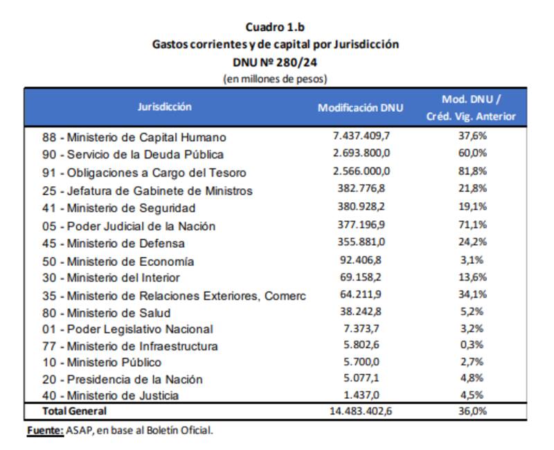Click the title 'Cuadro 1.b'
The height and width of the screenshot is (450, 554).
point(275,27)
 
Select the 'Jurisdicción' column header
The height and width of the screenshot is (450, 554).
point(164,107)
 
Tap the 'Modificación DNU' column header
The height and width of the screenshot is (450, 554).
point(360,108)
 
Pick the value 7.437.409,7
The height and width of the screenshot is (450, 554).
point(361,136)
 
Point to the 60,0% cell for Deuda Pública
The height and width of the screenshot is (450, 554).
point(472,153)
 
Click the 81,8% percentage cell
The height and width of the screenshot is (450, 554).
point(472,171)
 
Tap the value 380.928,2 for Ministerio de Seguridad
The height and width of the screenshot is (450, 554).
point(361,207)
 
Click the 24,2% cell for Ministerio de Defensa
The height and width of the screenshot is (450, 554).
point(472,242)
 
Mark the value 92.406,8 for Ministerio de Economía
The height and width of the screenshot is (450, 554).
point(361,260)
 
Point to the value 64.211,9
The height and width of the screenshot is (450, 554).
point(361,294)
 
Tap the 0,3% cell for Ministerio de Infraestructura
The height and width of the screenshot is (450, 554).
point(472,345)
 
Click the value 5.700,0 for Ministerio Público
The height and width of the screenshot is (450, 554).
point(361,361)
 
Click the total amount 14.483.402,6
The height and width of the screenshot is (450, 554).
point(361,411)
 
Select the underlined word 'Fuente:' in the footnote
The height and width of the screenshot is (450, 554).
point(45,431)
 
